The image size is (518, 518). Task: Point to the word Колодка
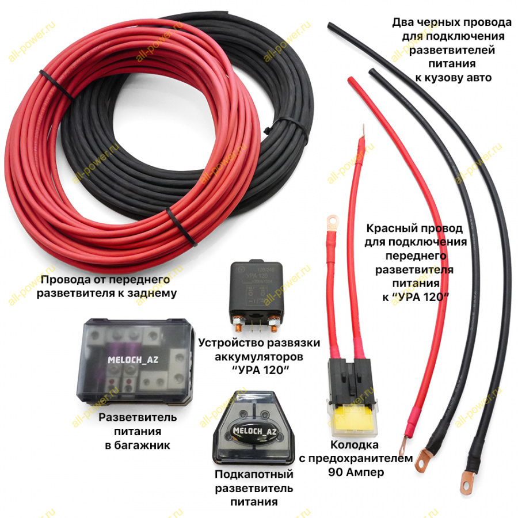[x=355, y=445]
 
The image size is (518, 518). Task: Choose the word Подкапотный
[x=254, y=475]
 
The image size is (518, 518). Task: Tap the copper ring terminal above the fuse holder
[x=332, y=220]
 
